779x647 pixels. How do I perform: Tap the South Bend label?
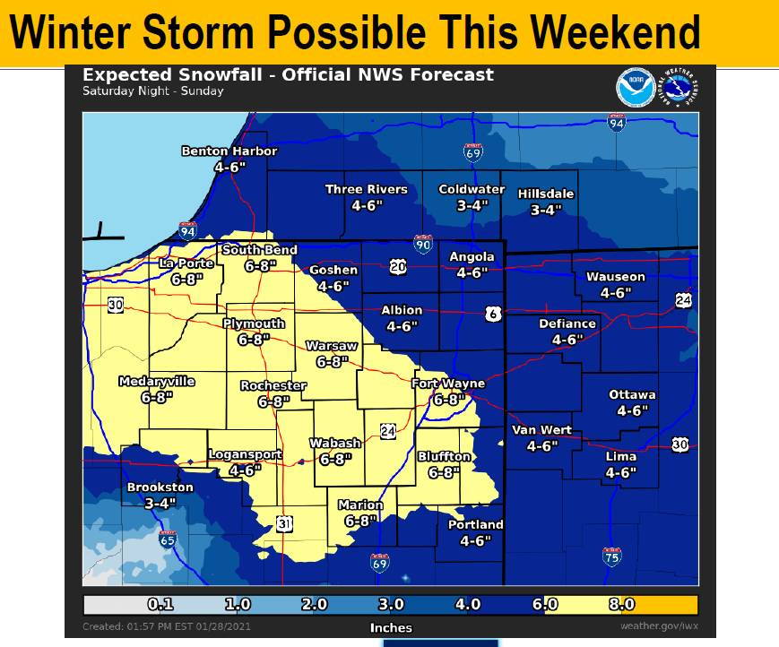pos(259,250)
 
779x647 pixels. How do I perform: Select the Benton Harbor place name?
pos(229,151)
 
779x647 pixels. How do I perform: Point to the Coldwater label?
pos(471,190)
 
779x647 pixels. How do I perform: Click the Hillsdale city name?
pos(546,194)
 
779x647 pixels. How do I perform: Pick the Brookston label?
pos(160,487)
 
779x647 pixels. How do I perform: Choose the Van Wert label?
pos(542,430)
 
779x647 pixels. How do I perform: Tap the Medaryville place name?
pos(157,381)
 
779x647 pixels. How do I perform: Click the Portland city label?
pos(476,524)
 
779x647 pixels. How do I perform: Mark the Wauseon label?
pos(616,277)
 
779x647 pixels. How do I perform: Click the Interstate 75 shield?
pos(610,556)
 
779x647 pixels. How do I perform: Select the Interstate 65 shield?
pos(168,539)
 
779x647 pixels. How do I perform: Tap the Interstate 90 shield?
pos(421,243)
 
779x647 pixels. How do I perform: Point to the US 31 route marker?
pos(284,523)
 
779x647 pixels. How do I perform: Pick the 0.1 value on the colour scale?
pos(160,605)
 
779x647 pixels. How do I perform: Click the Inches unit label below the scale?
pos(391,627)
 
